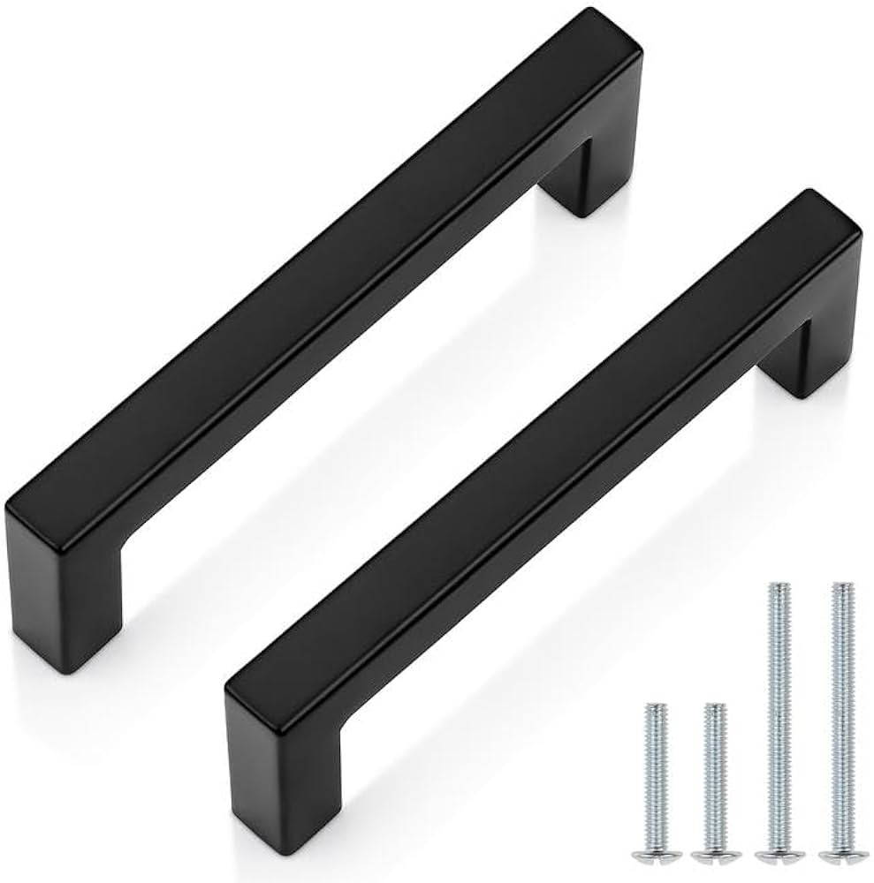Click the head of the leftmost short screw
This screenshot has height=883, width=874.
pyautogui.click(x=657, y=855)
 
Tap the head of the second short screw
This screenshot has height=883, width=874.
pyautogui.click(x=715, y=855)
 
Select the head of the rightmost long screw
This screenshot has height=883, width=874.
pyautogui.click(x=843, y=854)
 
